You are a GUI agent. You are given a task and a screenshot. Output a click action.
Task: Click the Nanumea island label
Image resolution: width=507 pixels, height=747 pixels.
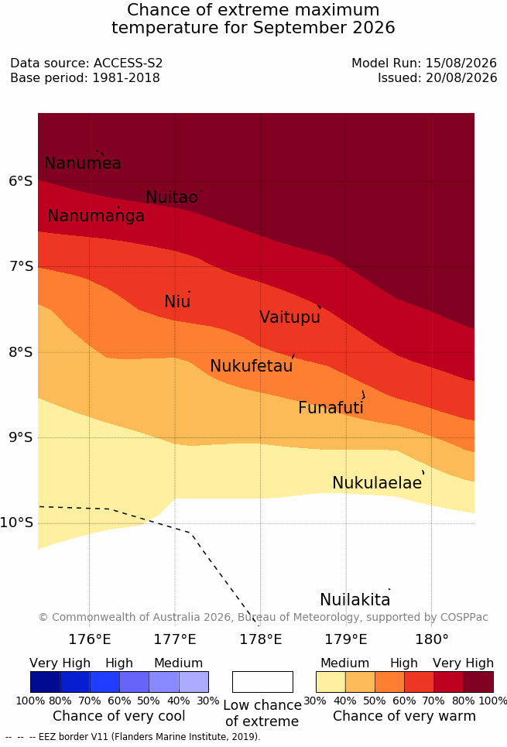(x=82, y=163)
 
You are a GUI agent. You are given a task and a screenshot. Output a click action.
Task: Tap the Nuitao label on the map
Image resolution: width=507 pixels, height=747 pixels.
(x=172, y=197)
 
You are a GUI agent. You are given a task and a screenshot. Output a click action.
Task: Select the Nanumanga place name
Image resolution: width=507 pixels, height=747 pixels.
(x=96, y=216)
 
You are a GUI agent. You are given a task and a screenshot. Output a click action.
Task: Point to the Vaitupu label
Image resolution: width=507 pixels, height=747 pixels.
(x=289, y=317)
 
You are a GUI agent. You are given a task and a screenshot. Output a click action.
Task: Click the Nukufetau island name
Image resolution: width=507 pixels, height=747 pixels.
(x=251, y=366)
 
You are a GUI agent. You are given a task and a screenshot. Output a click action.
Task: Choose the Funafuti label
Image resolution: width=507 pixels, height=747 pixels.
(x=331, y=408)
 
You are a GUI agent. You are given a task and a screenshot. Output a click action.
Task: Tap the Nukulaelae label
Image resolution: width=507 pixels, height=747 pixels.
(x=377, y=482)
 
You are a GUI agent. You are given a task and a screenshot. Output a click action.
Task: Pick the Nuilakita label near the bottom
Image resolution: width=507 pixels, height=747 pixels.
(x=355, y=599)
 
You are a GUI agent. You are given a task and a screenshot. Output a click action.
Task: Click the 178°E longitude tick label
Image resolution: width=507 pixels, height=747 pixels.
(x=261, y=639)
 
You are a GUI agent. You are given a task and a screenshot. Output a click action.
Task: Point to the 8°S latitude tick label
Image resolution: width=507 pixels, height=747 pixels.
(x=21, y=352)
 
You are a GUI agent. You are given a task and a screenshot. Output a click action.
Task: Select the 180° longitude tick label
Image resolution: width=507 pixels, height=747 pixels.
(x=432, y=639)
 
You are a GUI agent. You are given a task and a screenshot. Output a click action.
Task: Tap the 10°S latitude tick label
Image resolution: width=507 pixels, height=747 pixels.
(x=17, y=523)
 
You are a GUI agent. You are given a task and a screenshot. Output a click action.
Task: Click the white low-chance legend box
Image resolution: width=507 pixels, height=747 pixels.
(x=262, y=682)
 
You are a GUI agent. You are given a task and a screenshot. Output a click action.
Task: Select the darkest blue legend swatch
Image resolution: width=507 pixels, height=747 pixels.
(x=45, y=682)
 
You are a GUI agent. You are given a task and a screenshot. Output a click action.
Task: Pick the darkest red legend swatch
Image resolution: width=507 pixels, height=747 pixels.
(x=478, y=682)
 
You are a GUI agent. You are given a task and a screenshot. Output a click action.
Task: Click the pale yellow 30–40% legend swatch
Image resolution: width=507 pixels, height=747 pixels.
(x=331, y=682)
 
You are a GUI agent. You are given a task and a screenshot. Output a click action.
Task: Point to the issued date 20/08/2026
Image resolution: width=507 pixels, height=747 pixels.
(x=461, y=77)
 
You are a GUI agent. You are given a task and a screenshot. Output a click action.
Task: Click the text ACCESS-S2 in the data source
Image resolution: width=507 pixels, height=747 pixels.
(x=128, y=63)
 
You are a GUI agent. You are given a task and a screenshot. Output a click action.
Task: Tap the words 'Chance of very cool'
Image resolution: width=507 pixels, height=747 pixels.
(x=119, y=716)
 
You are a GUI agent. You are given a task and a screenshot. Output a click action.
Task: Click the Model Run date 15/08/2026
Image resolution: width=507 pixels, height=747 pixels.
(x=461, y=63)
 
